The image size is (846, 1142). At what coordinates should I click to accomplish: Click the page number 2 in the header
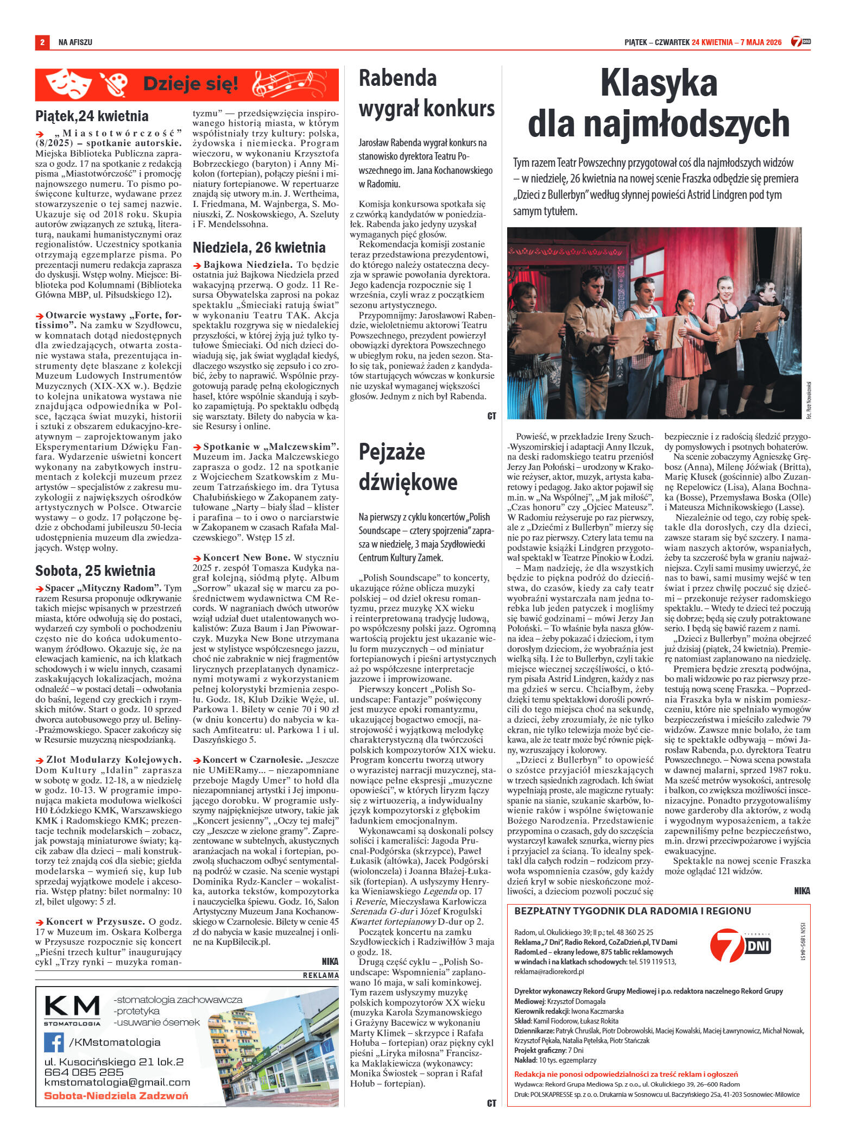point(41,42)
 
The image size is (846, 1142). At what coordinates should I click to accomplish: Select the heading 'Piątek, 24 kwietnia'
point(92,116)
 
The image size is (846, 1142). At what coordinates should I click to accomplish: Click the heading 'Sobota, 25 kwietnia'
point(95,570)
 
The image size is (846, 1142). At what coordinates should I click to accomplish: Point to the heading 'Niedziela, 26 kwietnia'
point(259,248)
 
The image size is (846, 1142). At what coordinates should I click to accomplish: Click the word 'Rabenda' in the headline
point(397,78)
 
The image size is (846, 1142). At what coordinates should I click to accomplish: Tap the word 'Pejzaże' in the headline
point(392,451)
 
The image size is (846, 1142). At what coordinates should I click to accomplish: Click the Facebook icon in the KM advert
point(54,1041)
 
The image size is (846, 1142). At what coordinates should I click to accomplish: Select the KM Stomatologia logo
point(72,1011)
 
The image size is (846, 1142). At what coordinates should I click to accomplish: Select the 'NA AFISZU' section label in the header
point(75,42)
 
